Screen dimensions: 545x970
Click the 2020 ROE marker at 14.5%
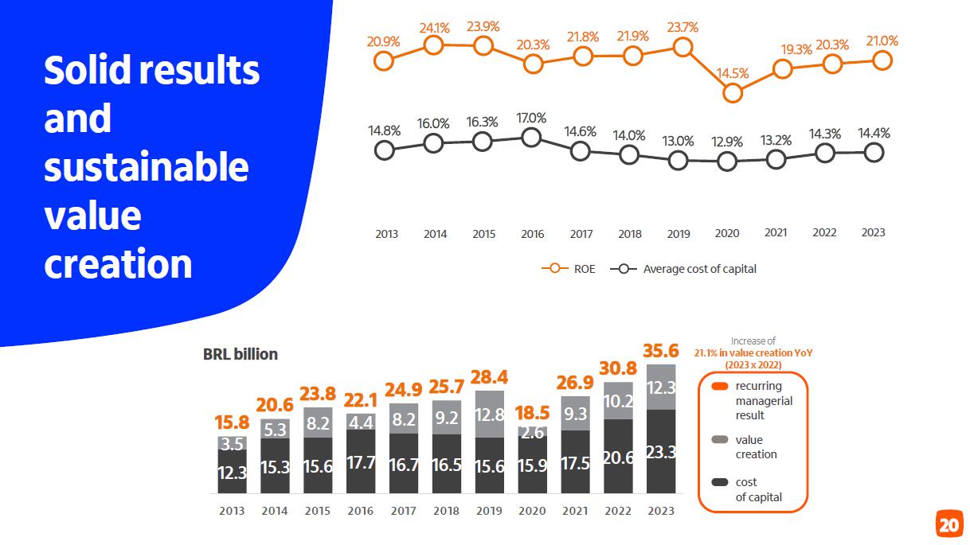733,93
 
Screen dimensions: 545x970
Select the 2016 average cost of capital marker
532,138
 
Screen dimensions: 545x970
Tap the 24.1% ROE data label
435,28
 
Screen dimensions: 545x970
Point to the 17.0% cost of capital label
531,118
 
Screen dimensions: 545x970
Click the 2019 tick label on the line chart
678,234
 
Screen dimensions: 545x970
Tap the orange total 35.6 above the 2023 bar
660,351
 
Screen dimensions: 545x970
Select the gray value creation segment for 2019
490,414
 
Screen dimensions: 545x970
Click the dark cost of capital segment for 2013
232,472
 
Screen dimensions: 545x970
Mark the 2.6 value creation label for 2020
532,432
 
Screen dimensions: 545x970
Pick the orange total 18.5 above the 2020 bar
532,413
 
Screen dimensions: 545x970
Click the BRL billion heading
241,354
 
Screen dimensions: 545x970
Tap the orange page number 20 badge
948,525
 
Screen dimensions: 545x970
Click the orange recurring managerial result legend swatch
719,387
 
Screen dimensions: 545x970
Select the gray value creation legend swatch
719,440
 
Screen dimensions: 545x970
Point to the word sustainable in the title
147,168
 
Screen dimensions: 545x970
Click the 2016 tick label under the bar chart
361,511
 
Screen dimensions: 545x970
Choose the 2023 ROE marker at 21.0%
882,60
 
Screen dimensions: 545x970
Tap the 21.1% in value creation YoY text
753,352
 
